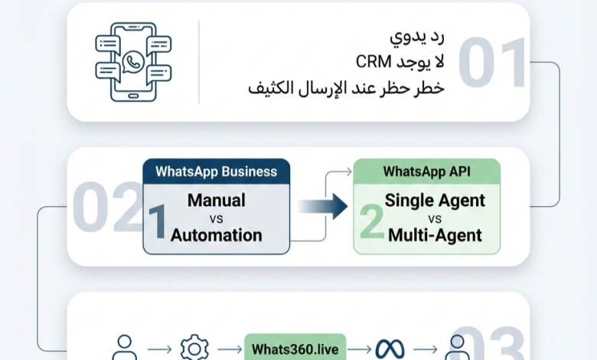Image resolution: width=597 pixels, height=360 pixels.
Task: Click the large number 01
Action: coord(492,62)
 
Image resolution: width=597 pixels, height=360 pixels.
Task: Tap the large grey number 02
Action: coord(107,207)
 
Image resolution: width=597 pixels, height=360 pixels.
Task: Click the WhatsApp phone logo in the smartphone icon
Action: coord(133,61)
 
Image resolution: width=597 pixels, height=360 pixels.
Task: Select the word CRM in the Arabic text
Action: coord(374,62)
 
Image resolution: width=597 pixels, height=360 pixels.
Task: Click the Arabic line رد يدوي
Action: coord(417,37)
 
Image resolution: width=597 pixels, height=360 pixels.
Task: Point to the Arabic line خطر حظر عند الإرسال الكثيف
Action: coord(346,88)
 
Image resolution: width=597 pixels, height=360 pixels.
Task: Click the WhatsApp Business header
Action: coord(217,172)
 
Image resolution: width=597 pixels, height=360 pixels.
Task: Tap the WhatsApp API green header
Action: coord(427,172)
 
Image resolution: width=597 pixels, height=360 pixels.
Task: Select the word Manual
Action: coord(217,201)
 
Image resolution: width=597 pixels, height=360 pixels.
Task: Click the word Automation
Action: coord(217,235)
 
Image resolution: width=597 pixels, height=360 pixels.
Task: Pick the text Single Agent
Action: coord(435,201)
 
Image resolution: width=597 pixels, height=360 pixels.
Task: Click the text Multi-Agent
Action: coord(435,235)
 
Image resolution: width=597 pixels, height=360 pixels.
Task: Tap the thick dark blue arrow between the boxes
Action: coord(323,207)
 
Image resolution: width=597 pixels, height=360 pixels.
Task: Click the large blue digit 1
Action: coord(157,222)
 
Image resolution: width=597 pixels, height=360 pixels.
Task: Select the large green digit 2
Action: coord(371,221)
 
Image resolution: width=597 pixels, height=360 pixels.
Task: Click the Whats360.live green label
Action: coord(295,349)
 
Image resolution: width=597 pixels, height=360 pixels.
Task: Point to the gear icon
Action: coord(194,348)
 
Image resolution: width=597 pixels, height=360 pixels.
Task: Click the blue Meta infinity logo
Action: coord(390,349)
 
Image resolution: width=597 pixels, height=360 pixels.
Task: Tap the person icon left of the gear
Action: coord(125,348)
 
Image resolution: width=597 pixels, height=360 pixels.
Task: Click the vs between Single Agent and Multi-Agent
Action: coord(435,219)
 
